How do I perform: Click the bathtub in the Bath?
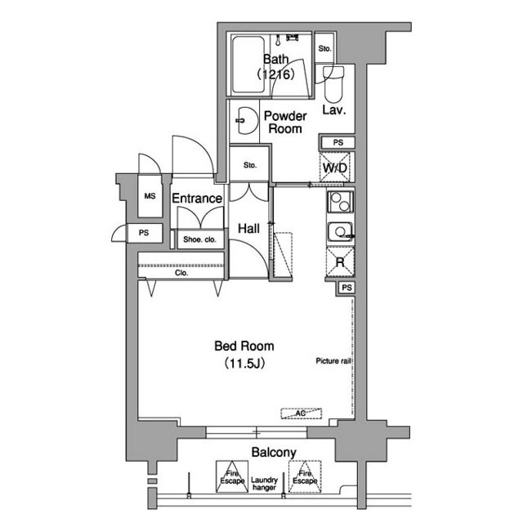point(248,65)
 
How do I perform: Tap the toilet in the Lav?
point(333,84)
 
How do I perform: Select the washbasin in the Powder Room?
point(247,120)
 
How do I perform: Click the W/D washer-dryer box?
point(335,168)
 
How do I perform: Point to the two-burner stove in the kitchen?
point(340,202)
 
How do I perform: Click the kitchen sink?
point(340,231)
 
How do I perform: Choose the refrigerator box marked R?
point(340,262)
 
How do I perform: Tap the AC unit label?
point(302,413)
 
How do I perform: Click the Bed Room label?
point(244,346)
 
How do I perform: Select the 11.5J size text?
point(244,363)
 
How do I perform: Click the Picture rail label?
point(333,361)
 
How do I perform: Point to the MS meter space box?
point(150,196)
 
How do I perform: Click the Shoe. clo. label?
point(199,239)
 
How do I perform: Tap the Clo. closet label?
point(181,273)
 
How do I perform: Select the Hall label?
point(248,229)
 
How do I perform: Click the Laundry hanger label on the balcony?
point(264,484)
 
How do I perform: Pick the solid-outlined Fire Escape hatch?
point(232,476)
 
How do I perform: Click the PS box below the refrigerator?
point(346,288)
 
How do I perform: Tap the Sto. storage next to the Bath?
point(324,49)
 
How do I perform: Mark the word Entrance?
point(197,199)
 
